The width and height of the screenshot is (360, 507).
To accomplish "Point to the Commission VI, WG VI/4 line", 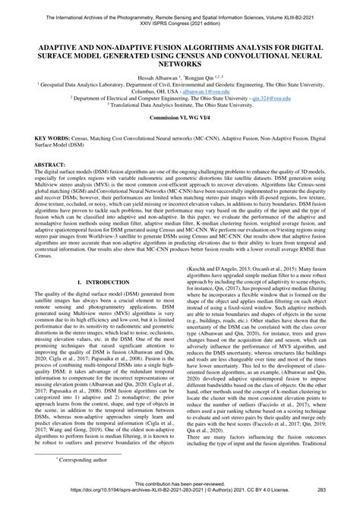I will point(180,121).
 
